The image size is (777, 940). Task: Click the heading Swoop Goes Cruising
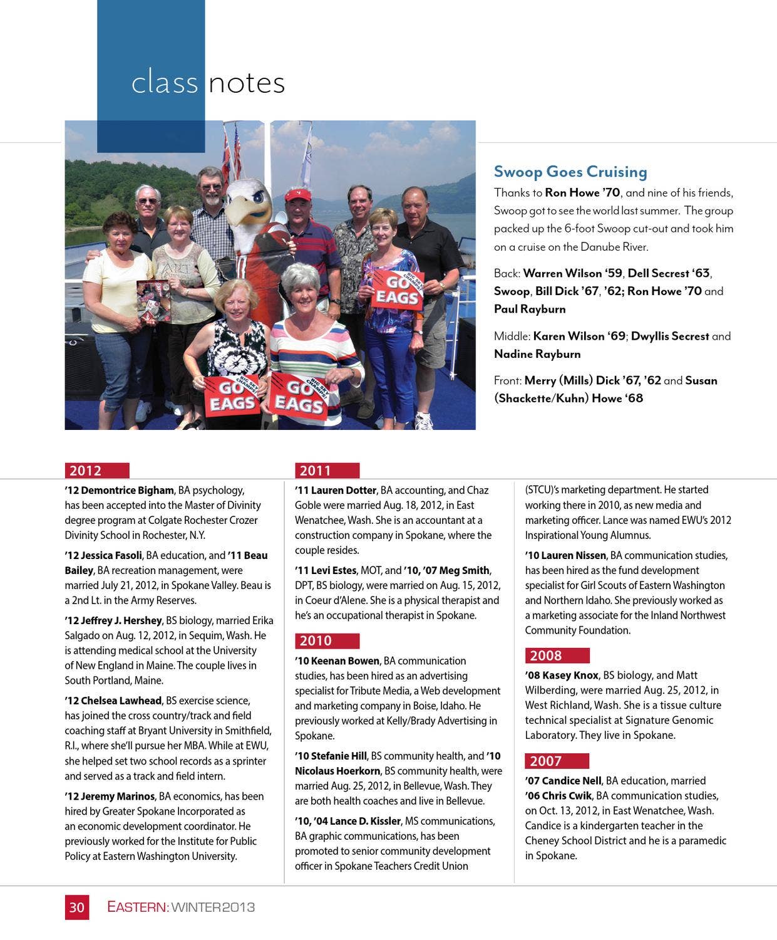[x=570, y=172]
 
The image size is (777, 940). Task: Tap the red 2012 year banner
[x=97, y=471]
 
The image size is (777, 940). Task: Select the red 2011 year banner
[x=327, y=471]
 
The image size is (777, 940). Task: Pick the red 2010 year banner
[x=327, y=640]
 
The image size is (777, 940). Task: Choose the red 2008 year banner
[x=557, y=655]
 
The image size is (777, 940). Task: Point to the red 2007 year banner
[x=557, y=761]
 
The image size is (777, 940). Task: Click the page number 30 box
[x=77, y=907]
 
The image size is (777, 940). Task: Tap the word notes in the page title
[x=247, y=83]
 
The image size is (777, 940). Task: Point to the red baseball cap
[x=298, y=194]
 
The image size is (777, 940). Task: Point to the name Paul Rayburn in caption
[x=530, y=309]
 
